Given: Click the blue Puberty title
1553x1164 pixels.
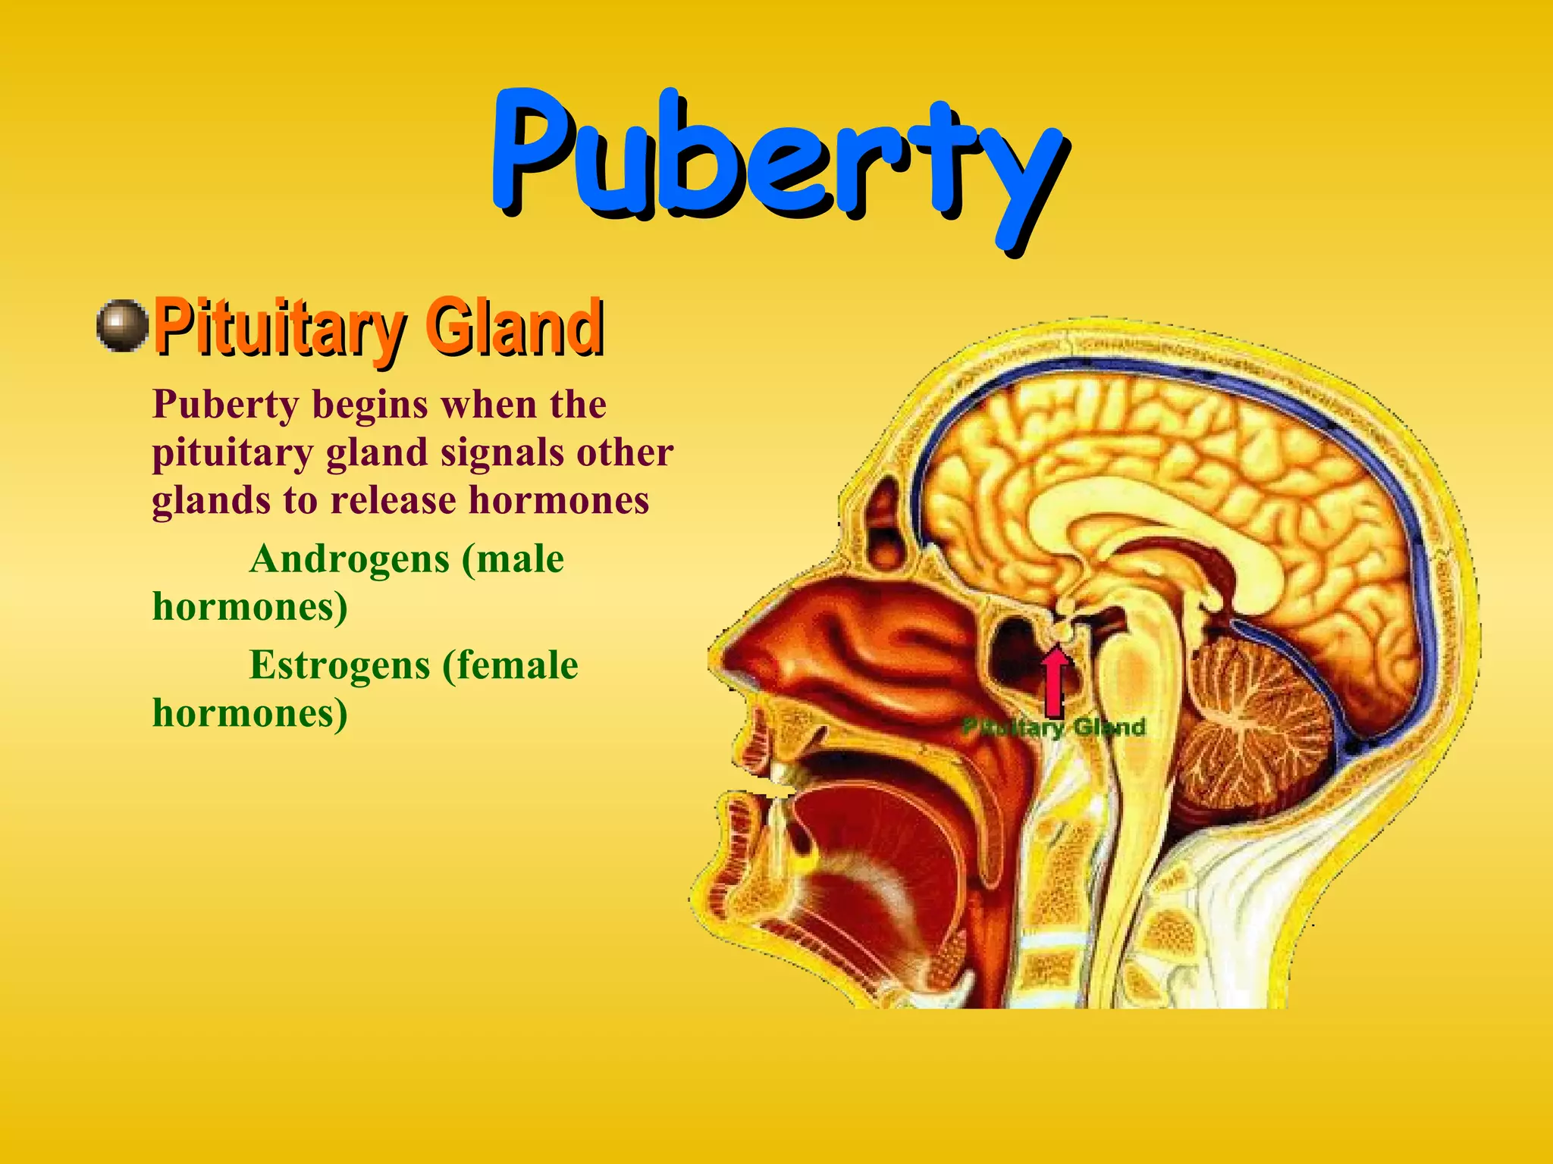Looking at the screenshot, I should tap(777, 159).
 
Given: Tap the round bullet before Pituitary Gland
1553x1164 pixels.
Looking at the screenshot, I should tap(122, 326).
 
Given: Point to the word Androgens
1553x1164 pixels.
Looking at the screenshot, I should tap(350, 559).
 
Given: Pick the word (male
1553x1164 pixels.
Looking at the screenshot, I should tap(513, 559).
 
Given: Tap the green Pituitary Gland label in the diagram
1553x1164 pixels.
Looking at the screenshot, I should tap(1054, 728).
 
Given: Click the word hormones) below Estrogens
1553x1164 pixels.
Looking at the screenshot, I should tap(250, 713).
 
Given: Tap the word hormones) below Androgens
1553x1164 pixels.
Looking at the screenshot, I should tap(250, 607).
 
